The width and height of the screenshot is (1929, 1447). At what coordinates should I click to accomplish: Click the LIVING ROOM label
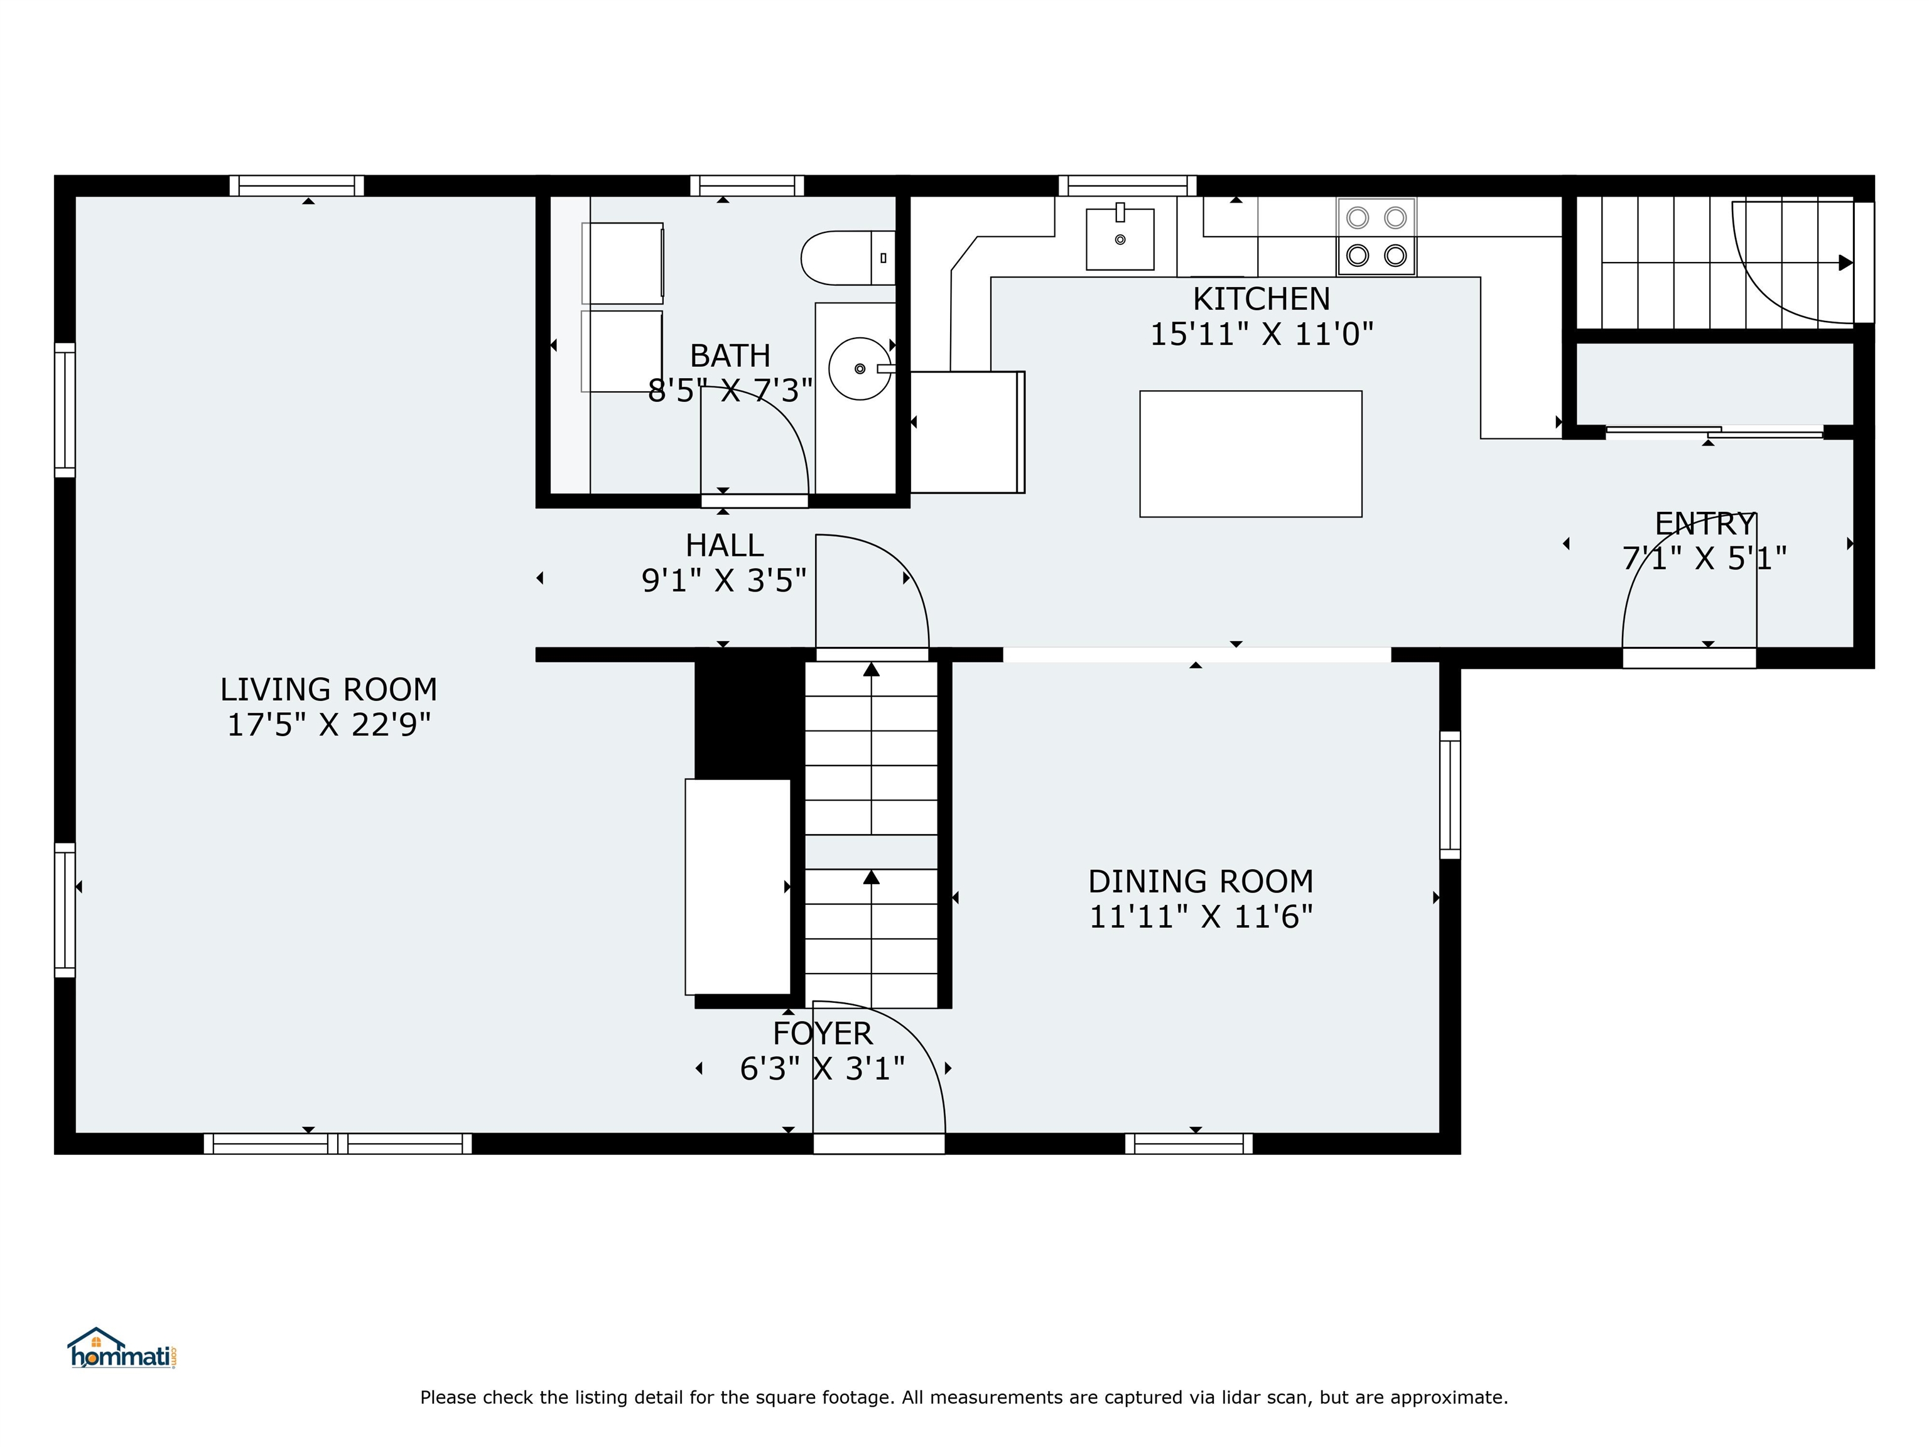pyautogui.click(x=329, y=690)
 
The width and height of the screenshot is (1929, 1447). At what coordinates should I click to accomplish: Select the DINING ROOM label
pyautogui.click(x=1201, y=882)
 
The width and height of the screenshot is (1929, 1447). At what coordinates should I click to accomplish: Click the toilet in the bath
pyautogui.click(x=848, y=258)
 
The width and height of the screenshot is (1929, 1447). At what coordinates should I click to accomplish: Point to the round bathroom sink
pyautogui.click(x=860, y=369)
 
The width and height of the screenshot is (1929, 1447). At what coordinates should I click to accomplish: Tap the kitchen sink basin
pyautogui.click(x=1120, y=238)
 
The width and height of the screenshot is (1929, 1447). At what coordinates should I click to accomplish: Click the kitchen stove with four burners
pyautogui.click(x=1376, y=236)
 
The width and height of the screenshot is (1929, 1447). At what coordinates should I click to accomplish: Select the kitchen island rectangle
pyautogui.click(x=1251, y=453)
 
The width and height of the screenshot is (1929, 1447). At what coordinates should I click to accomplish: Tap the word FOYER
pyautogui.click(x=823, y=1034)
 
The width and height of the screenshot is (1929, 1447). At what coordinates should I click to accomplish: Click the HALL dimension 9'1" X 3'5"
pyautogui.click(x=724, y=580)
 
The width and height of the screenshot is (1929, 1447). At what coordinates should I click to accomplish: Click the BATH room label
pyautogui.click(x=730, y=356)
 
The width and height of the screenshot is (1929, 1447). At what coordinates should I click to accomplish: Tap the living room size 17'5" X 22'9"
pyautogui.click(x=329, y=725)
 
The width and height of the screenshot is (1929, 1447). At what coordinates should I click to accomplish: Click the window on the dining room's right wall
pyautogui.click(x=1449, y=794)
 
